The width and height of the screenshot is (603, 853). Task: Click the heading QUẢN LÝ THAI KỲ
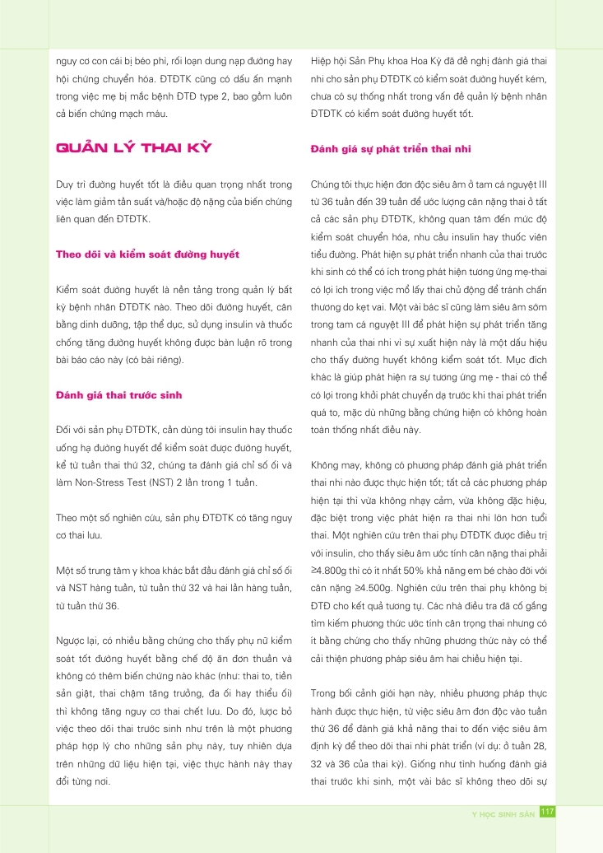pos(133,148)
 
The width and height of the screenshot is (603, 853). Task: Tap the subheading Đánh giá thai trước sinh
pos(118,395)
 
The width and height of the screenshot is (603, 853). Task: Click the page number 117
pos(547,812)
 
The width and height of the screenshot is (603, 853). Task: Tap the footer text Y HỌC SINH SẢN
pos(498,813)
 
